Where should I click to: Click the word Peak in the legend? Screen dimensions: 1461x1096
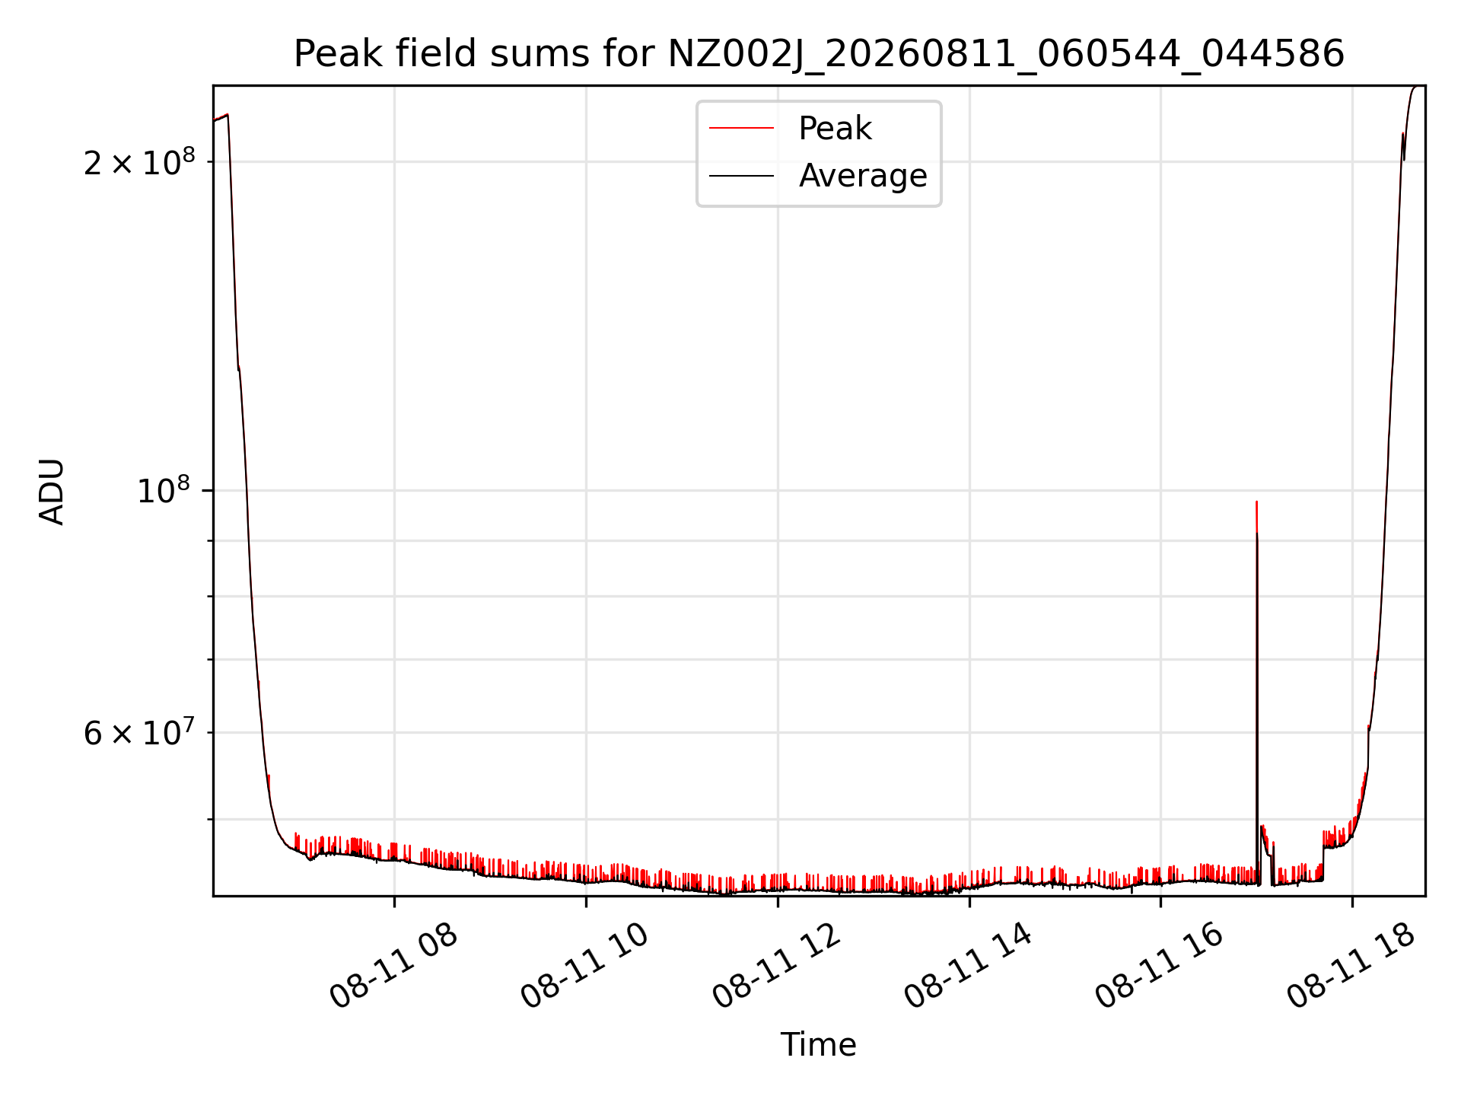[x=835, y=129]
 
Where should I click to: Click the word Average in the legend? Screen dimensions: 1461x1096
[x=863, y=176]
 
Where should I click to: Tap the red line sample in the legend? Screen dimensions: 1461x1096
[x=742, y=129]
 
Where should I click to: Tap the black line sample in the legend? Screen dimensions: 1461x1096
[x=742, y=176]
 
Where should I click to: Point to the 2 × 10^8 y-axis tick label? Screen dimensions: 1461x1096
[x=139, y=162]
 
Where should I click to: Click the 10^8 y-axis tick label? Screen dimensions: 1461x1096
[x=166, y=491]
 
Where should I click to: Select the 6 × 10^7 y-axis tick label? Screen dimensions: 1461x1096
[x=139, y=732]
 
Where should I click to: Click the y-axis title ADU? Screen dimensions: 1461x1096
[x=52, y=491]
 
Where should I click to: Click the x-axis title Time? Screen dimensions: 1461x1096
[x=819, y=1045]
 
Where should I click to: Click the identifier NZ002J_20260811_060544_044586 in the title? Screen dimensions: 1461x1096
[x=1006, y=55]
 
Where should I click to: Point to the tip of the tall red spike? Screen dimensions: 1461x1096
[x=1256, y=501]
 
